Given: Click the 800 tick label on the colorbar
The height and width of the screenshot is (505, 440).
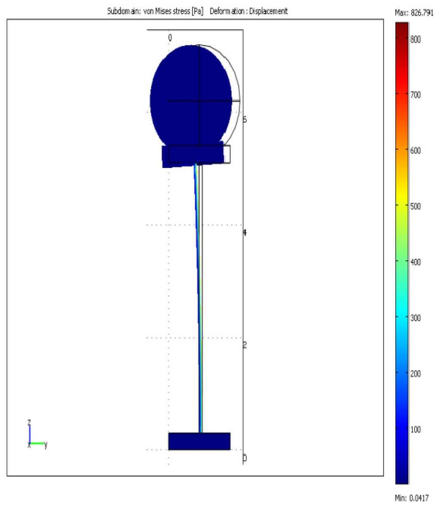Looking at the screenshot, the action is pos(415,40).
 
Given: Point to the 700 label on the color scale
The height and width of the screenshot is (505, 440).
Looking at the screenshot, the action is pos(415,94).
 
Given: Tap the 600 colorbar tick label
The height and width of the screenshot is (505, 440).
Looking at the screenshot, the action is pos(415,150).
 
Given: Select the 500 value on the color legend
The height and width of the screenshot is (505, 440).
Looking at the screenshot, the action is pos(415,206).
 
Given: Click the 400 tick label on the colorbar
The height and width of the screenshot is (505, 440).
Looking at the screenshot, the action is pos(415,262).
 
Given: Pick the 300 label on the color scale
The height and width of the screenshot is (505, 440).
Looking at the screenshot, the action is pos(415,318).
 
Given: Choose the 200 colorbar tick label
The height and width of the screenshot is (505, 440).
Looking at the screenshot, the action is pos(415,374).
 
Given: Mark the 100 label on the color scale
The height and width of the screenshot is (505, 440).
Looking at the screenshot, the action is pos(415,429).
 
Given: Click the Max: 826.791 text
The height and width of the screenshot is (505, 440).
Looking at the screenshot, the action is pos(414,13).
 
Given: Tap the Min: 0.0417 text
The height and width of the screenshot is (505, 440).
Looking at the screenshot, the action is pos(412,498).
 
